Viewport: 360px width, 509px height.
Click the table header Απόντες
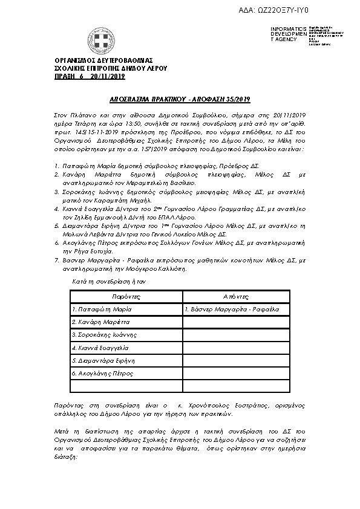[237, 297]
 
